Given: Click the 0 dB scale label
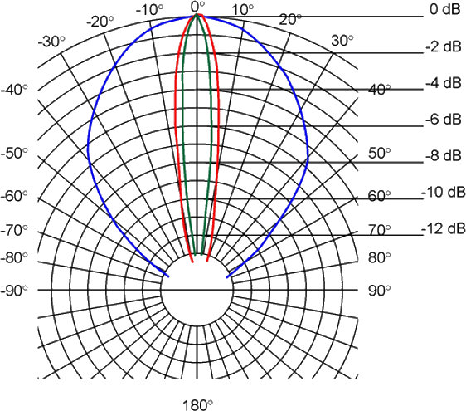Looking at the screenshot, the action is tap(445, 9).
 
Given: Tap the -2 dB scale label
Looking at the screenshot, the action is tap(443, 46).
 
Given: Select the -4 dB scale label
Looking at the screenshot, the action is tap(443, 83).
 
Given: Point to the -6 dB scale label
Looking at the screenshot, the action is tap(443, 120).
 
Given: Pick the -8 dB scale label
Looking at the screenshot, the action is tap(443, 155).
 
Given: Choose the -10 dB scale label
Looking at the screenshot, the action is tap(443, 193).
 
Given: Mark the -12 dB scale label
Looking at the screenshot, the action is tap(443, 228).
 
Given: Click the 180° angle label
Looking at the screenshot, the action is tap(197, 405).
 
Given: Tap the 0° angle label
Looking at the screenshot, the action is tap(198, 7).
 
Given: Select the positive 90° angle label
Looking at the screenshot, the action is tap(380, 291).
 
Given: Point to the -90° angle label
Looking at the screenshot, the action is tap(14, 291).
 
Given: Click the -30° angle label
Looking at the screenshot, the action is tap(51, 42).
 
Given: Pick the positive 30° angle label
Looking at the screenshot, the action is tap(342, 41).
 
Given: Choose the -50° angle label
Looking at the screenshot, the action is tap(14, 154).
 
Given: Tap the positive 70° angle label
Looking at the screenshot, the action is tap(380, 230).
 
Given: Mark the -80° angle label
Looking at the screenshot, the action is tap(14, 257).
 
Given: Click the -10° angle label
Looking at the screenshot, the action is tap(149, 10).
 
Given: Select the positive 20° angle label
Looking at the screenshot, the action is tap(290, 20).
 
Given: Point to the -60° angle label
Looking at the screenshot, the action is tap(14, 197).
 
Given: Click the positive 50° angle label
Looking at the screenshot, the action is tap(380, 154).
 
